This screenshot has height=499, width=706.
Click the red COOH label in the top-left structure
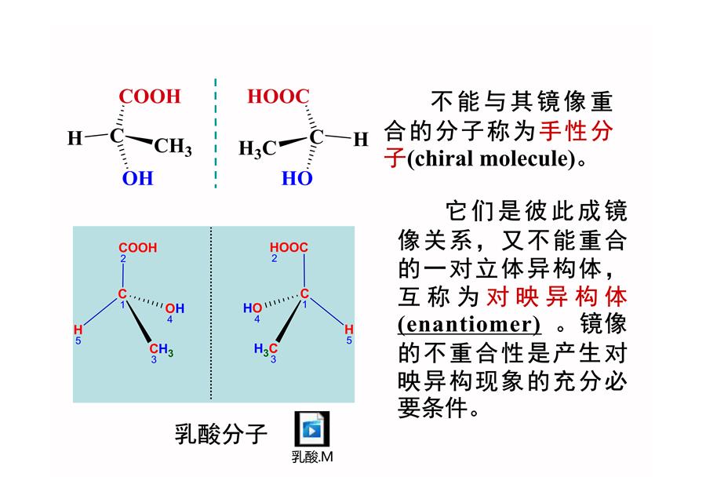click(150, 97)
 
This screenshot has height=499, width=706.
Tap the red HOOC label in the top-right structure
click(278, 97)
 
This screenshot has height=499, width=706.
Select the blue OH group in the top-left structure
click(137, 178)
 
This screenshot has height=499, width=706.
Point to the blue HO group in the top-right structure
click(297, 178)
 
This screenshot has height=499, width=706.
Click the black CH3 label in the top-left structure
click(173, 147)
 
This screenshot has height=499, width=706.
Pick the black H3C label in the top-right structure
click(257, 148)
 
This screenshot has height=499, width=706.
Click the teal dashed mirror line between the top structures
click(216, 133)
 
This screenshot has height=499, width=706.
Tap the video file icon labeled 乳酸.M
click(312, 429)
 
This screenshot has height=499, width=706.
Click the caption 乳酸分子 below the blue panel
click(220, 434)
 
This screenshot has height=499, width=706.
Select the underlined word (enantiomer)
click(469, 324)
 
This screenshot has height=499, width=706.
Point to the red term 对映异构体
click(557, 297)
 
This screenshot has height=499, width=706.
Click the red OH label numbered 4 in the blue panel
click(175, 308)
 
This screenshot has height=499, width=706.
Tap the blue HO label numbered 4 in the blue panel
click(252, 308)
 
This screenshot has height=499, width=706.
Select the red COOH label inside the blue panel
click(138, 248)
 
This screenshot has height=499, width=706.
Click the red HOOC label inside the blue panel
click(289, 247)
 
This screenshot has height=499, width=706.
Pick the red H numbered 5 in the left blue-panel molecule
click(78, 330)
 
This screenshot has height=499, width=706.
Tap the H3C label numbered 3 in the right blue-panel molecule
click(266, 348)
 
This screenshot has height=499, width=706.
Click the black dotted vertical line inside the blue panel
click(211, 314)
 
